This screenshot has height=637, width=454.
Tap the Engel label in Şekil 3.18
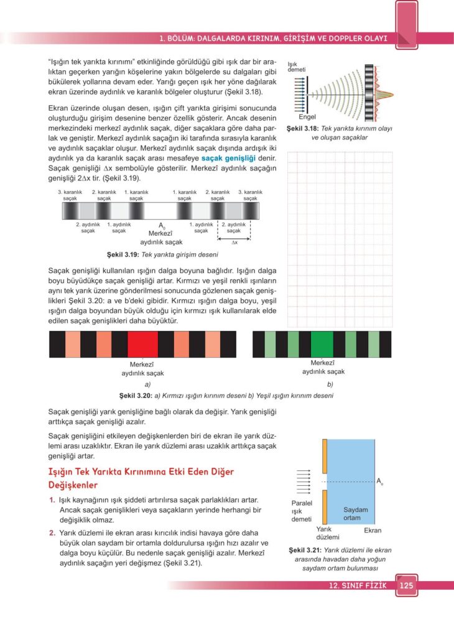(x=308, y=117)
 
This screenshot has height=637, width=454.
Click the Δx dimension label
(x=234, y=243)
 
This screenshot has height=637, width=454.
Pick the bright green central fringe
(x=322, y=344)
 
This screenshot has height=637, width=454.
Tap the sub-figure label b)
(x=330, y=384)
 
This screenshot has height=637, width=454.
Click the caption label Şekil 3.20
(x=135, y=396)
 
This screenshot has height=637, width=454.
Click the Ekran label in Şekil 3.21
(x=373, y=531)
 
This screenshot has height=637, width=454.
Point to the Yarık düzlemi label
(x=327, y=533)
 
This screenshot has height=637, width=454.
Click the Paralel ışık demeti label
(x=302, y=511)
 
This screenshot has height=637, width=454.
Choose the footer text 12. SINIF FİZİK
(x=359, y=585)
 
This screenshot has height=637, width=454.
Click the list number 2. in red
(x=52, y=532)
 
